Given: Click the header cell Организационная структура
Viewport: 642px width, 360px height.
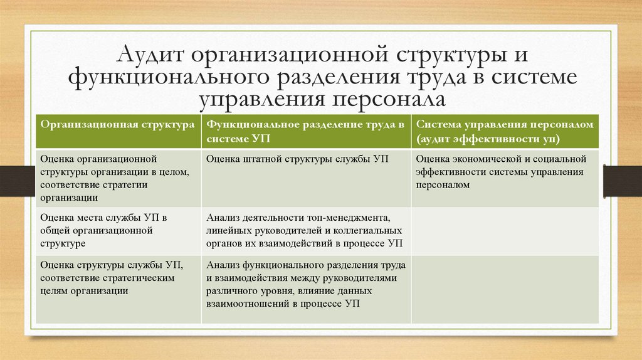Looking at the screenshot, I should [x=117, y=125].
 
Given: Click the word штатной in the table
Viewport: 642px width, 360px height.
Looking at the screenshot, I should [x=256, y=159].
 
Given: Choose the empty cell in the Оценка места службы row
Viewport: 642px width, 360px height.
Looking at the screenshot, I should [x=505, y=230].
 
